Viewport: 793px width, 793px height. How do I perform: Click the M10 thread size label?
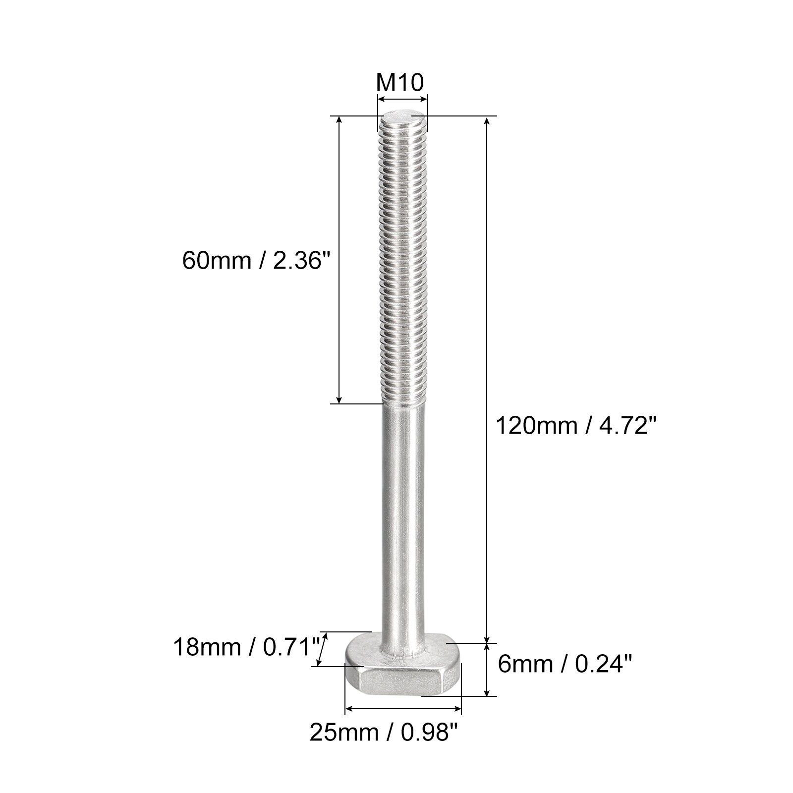click(x=400, y=83)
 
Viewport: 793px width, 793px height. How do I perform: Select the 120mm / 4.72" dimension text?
click(x=576, y=426)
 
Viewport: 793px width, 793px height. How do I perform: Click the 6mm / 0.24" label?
click(x=565, y=664)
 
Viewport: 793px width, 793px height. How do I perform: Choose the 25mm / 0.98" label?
click(x=383, y=732)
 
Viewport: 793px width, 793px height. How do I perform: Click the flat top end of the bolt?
click(x=403, y=119)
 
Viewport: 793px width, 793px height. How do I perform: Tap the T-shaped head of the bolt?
click(x=403, y=664)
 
